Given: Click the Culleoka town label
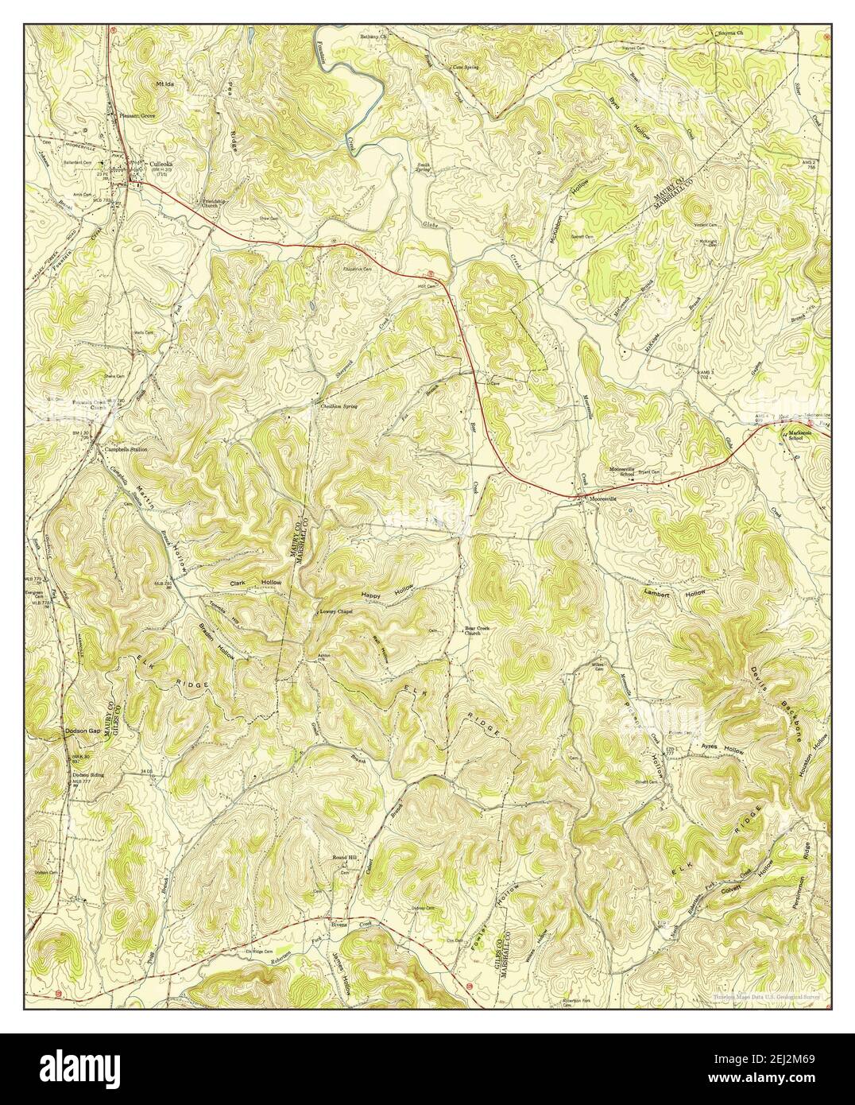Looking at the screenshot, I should [161, 165].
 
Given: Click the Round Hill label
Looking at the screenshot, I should [344, 859].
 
